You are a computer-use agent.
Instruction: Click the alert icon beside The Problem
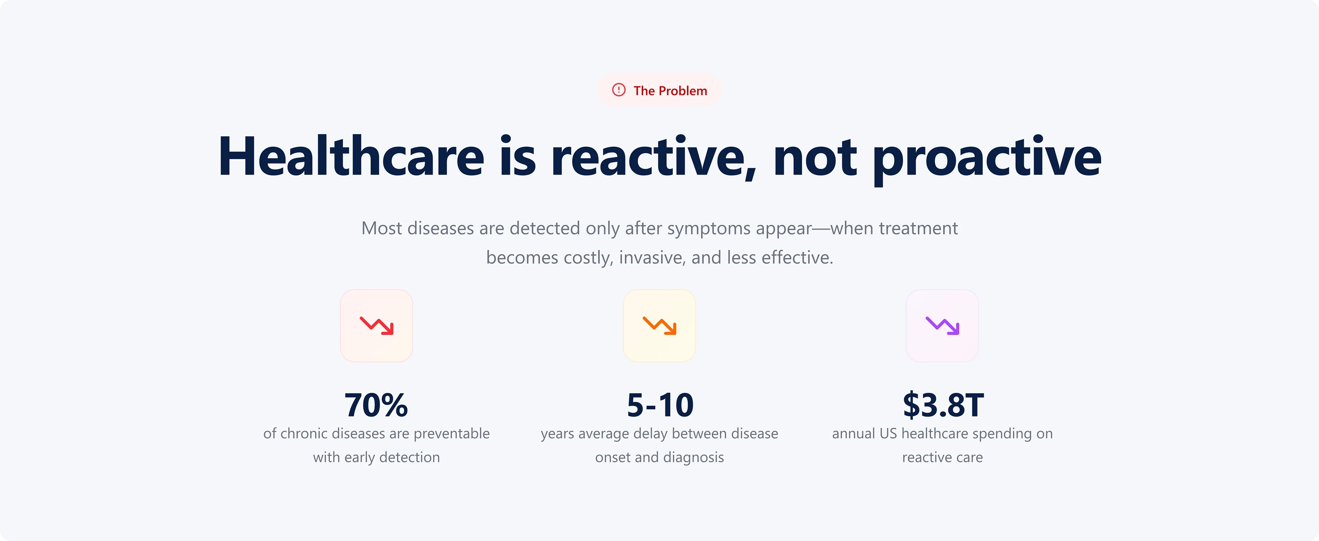coord(619,90)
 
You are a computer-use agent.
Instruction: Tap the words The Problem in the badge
coord(670,91)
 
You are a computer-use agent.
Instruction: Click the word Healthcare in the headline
coord(351,156)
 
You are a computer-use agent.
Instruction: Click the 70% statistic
coord(376,405)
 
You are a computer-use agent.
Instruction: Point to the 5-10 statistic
coord(660,405)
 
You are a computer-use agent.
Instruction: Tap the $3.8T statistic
coord(943,405)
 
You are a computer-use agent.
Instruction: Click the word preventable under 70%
coord(452,434)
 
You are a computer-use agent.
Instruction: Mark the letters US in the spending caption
coord(888,434)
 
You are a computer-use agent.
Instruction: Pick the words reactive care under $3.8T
coord(943,457)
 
